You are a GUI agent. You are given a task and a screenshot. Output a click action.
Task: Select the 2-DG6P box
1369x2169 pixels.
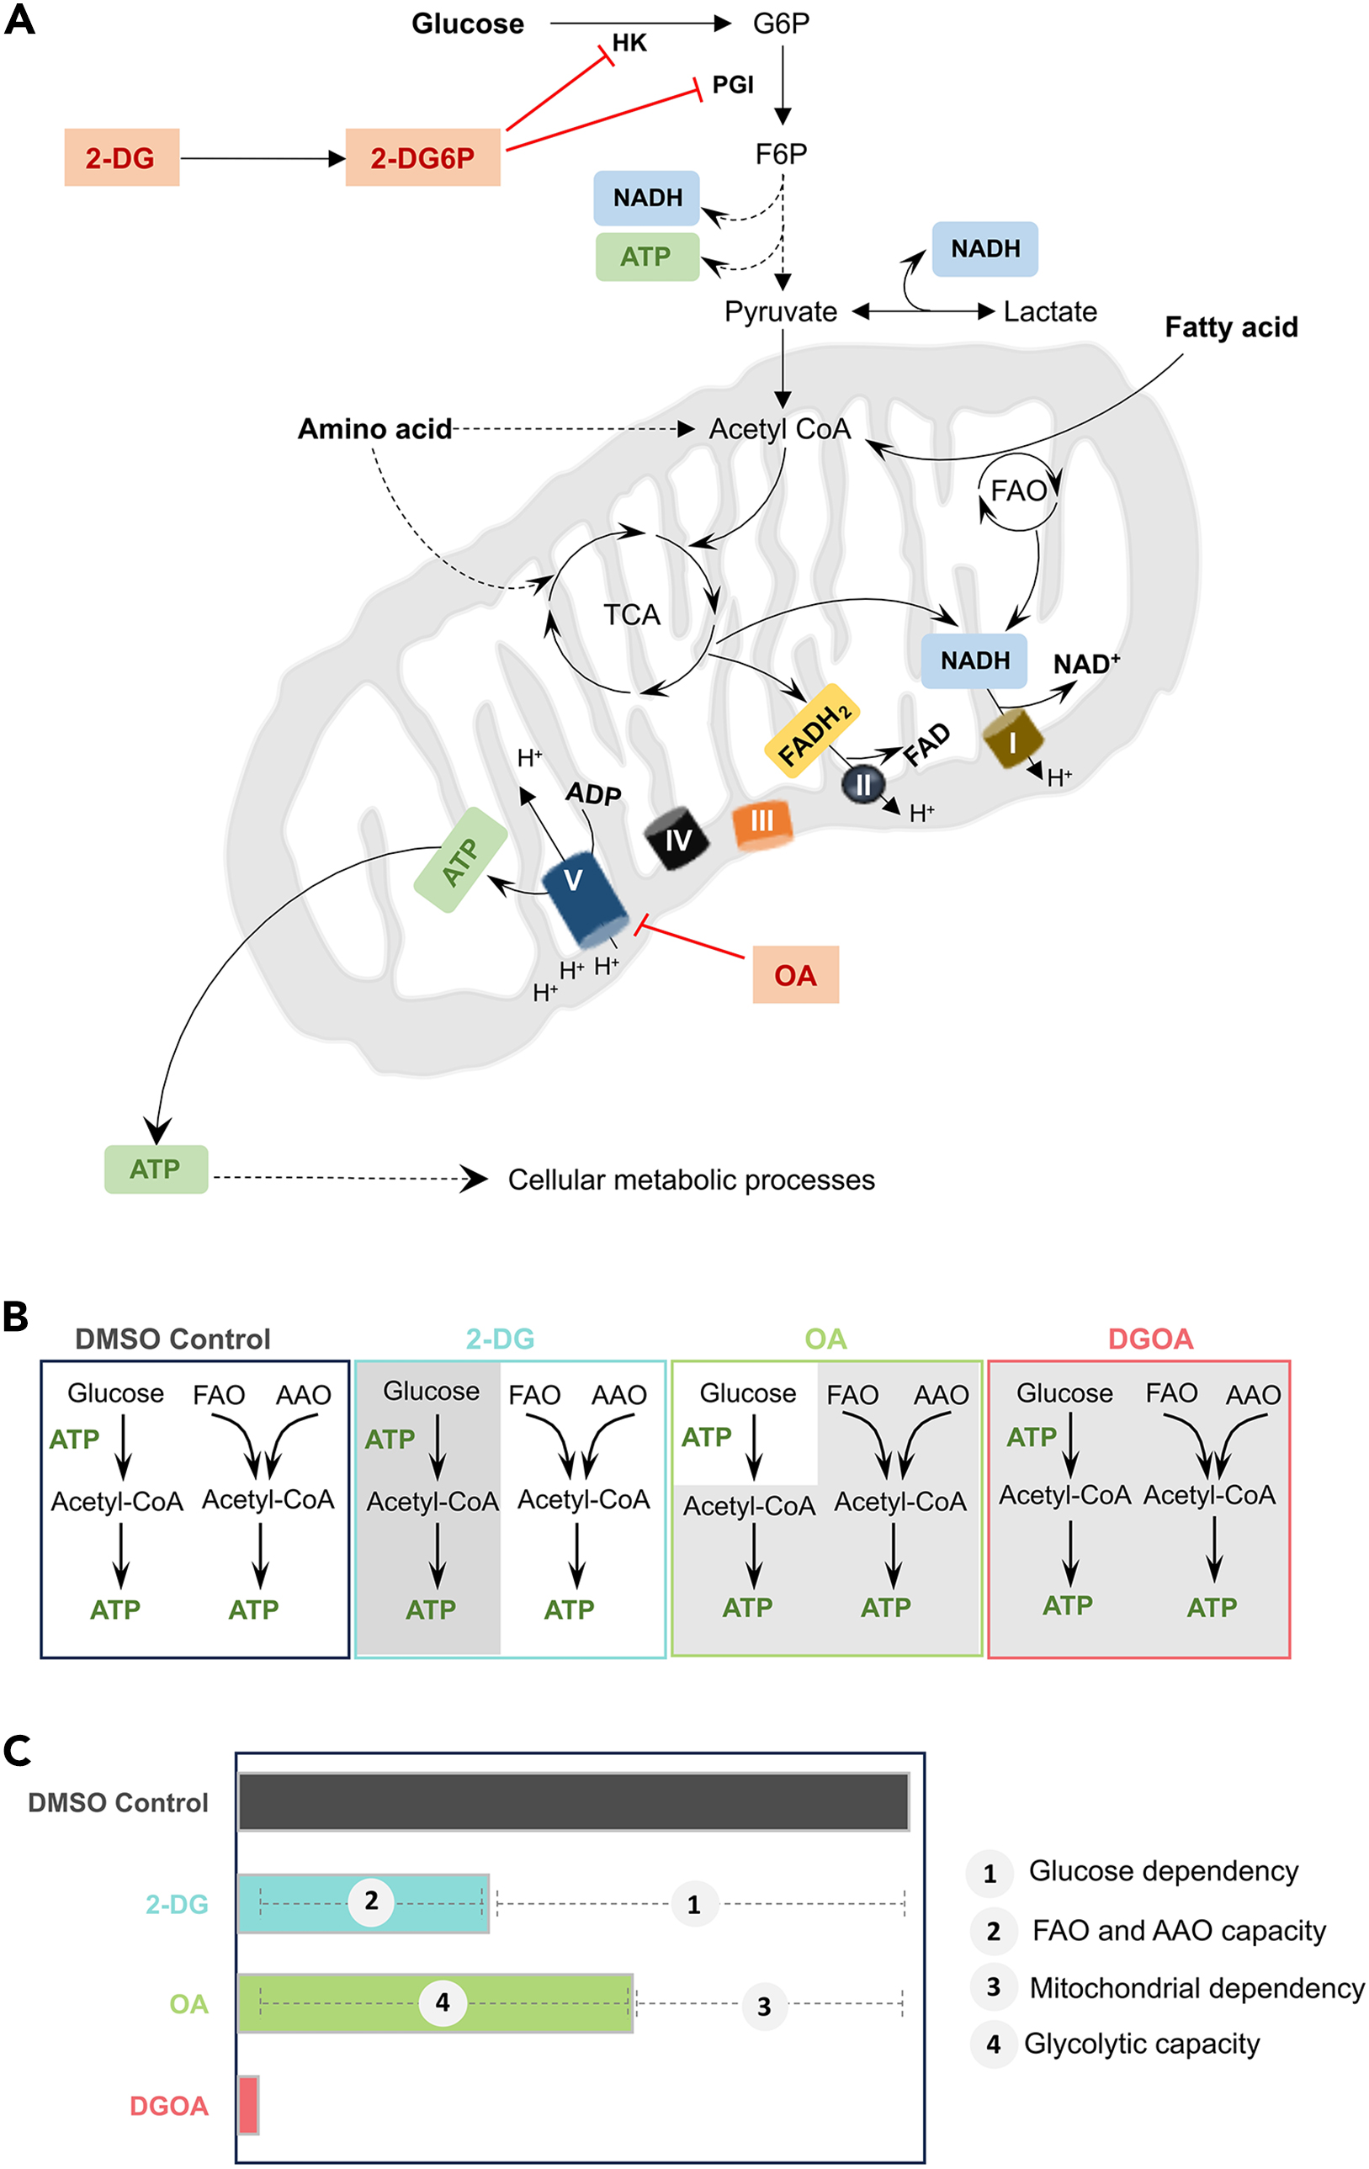(x=422, y=157)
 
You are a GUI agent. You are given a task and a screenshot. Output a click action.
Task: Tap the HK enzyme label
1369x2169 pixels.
(x=629, y=43)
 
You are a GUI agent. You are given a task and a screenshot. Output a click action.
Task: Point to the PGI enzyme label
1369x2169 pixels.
(x=732, y=85)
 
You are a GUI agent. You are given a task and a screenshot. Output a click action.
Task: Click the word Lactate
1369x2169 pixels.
(x=1049, y=311)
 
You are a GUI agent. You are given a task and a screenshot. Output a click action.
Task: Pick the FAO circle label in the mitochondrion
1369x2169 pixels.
(x=1019, y=491)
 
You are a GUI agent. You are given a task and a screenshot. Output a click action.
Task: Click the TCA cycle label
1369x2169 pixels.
(x=631, y=614)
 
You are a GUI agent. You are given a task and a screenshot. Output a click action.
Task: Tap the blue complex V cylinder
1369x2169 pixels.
(x=584, y=897)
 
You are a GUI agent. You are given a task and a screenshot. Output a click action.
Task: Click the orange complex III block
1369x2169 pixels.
(x=762, y=822)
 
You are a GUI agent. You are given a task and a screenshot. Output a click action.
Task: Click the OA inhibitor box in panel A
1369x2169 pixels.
(x=795, y=974)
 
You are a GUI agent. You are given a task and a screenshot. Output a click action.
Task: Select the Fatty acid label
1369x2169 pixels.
(x=1230, y=327)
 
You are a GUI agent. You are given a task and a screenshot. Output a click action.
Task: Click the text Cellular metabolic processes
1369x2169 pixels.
(x=691, y=1179)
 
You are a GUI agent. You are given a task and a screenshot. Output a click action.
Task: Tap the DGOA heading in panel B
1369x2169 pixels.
(x=1150, y=1339)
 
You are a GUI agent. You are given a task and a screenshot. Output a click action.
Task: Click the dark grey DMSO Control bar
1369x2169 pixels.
(x=573, y=1801)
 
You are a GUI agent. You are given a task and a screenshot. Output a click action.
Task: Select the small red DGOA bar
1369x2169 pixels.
(x=248, y=2105)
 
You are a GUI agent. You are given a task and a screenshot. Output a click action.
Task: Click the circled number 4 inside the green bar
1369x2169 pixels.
(x=443, y=2002)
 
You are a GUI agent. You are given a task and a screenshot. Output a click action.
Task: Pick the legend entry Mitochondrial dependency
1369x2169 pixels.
(x=1196, y=1988)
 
